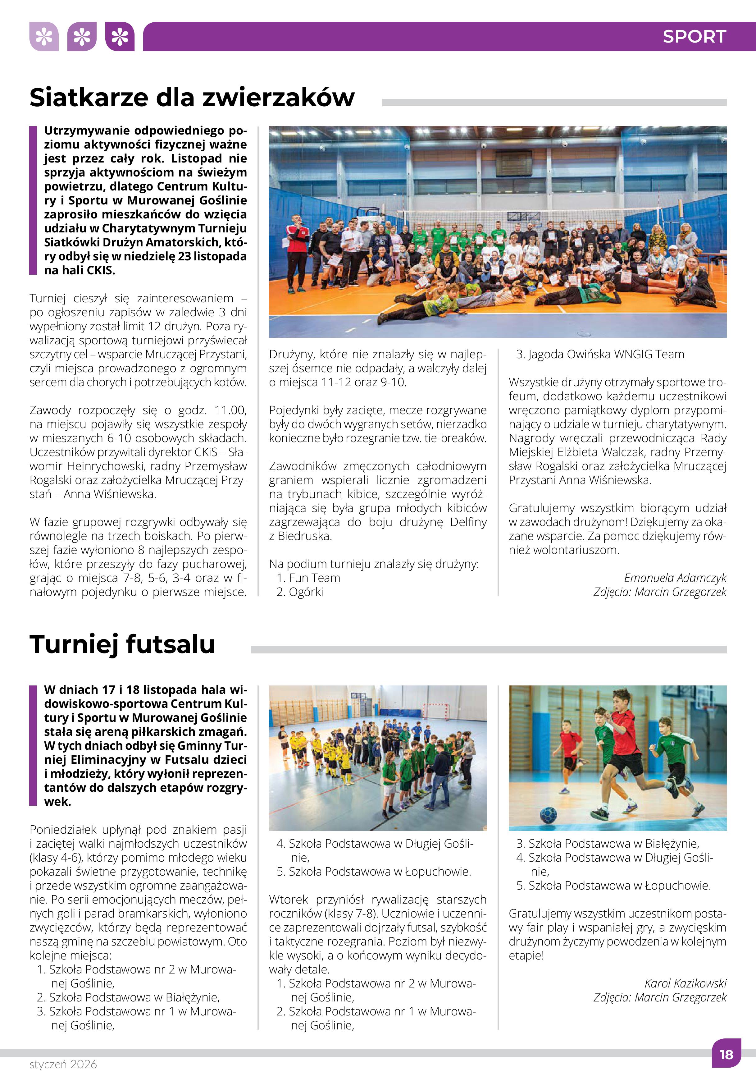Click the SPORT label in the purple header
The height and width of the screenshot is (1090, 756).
694,36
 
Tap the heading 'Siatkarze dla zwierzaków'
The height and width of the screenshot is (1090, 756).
192,98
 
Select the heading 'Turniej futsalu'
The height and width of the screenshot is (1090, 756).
122,644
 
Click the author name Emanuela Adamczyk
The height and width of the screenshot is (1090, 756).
675,578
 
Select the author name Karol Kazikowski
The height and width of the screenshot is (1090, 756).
685,983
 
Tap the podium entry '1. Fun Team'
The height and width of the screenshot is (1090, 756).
308,578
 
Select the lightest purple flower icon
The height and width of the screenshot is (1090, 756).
43,36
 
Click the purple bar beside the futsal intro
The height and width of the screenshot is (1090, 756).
33,745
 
